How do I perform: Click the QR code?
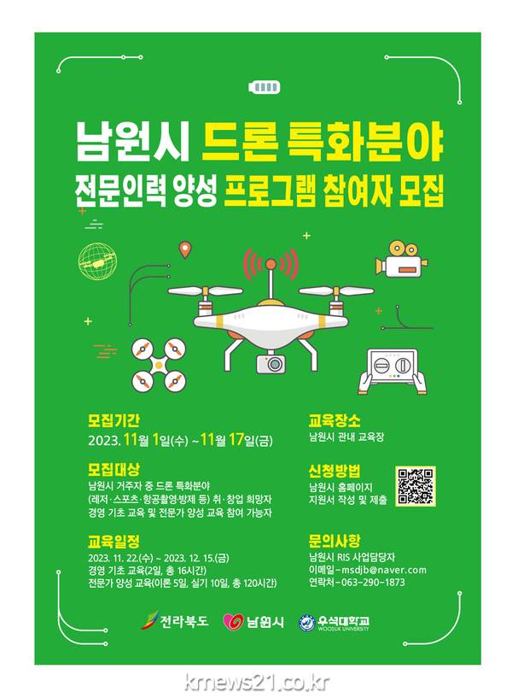[415, 486]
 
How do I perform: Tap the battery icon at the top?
[265, 87]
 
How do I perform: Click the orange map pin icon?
[184, 249]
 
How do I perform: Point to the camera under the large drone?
[271, 363]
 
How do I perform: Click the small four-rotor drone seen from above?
[159, 365]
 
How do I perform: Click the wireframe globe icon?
[97, 261]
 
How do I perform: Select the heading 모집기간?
[113, 420]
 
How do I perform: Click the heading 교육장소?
[335, 420]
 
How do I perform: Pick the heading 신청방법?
[335, 471]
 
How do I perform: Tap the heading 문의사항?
[335, 541]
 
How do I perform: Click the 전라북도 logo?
[175, 621]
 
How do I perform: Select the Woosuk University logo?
[335, 622]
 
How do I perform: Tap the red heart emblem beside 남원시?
[233, 621]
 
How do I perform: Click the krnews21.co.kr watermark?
[257, 683]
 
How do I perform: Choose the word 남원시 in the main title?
[133, 141]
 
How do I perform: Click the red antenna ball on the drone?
[271, 265]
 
